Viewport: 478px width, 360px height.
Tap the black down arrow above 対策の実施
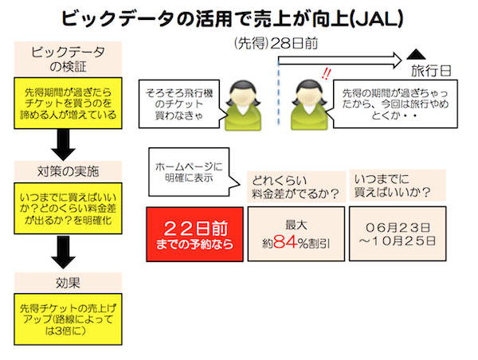(65, 143)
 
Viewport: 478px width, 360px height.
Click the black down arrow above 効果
(65, 252)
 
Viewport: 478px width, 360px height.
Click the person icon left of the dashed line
(240, 103)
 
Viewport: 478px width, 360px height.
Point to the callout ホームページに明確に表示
(188, 174)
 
